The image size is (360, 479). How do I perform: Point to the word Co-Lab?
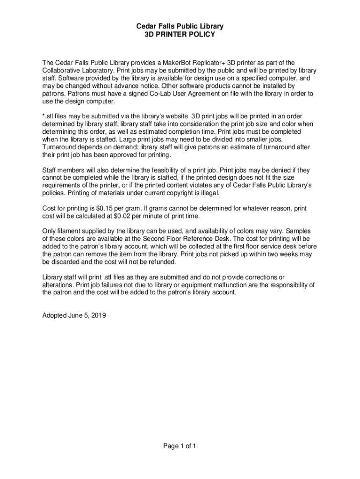160,94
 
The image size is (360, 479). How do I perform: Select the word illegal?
208,193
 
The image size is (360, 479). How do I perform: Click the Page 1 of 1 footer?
180,446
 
